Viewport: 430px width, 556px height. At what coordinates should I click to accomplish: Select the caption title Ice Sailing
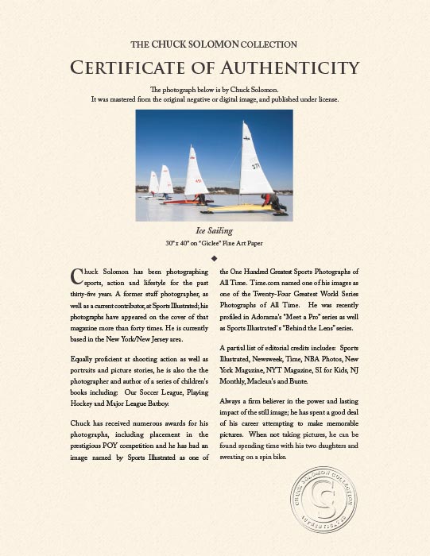(x=215, y=231)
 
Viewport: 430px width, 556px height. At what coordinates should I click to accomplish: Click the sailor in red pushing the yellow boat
(x=274, y=201)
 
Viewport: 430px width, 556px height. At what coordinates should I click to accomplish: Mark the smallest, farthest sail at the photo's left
(x=153, y=183)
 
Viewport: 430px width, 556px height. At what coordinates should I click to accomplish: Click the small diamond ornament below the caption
(x=215, y=258)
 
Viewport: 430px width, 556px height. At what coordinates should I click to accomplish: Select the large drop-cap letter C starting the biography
(x=77, y=276)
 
